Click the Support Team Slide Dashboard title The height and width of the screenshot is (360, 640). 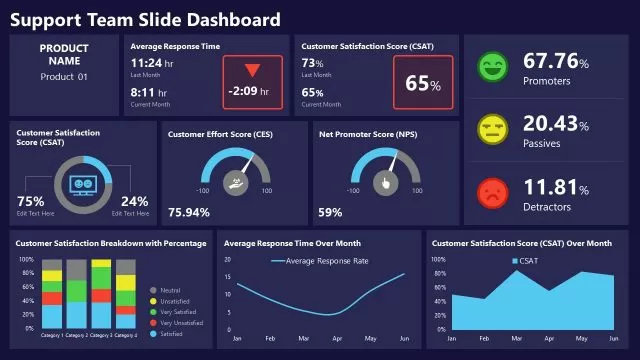(x=145, y=19)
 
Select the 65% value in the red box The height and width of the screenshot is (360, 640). (x=422, y=83)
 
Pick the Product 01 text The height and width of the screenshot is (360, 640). (x=64, y=77)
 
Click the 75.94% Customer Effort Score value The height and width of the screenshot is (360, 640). (x=189, y=212)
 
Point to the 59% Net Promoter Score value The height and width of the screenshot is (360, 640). (x=330, y=212)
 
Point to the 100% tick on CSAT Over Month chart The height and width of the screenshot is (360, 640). (x=437, y=259)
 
